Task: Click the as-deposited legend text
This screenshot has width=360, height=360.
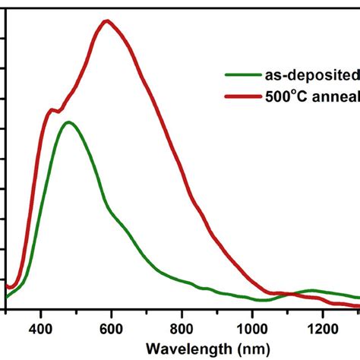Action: pos(311,74)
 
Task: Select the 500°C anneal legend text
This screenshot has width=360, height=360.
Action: pos(311,96)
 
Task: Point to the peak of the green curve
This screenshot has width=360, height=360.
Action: pos(69,122)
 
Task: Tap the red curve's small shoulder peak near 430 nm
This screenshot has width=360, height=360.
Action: pos(52,110)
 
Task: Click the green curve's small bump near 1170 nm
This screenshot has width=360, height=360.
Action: pos(313,290)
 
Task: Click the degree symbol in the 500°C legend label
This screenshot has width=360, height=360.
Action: pos(286,92)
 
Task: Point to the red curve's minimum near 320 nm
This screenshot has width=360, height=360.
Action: pos(12,288)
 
